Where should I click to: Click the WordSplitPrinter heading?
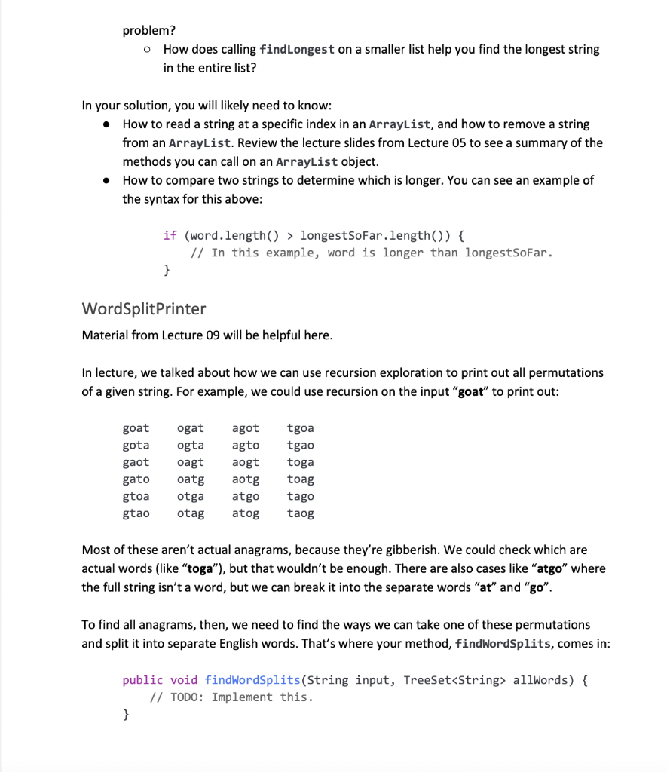tap(143, 308)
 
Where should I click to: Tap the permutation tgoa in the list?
tap(301, 428)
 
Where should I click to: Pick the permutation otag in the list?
tap(191, 513)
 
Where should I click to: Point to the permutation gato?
tap(136, 479)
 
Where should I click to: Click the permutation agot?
tap(246, 428)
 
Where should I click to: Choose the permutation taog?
tap(301, 513)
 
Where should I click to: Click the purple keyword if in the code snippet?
tap(170, 235)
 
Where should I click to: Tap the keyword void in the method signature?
tap(184, 680)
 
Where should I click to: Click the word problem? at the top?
tap(149, 31)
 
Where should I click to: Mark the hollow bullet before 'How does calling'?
tap(148, 50)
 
